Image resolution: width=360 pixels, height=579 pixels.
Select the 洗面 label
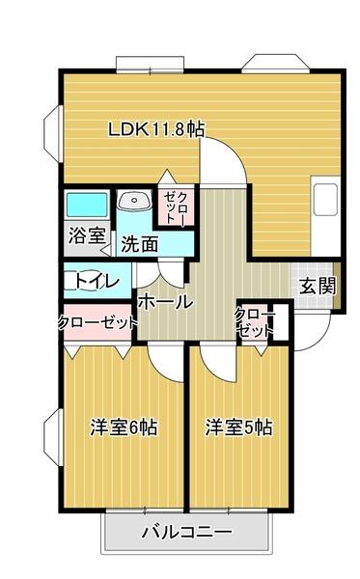click(139, 244)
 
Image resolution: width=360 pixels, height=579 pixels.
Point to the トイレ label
click(97, 282)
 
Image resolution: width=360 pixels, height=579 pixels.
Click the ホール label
click(165, 302)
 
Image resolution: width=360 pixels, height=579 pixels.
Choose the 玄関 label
click(317, 286)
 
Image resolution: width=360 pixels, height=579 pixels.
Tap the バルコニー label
click(185, 532)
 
